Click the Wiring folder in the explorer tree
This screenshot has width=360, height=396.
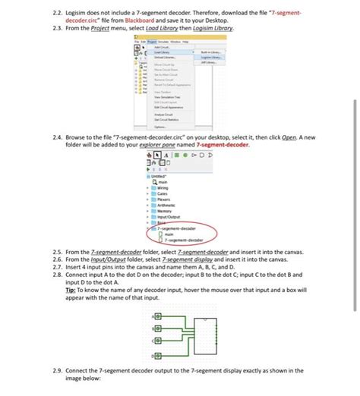pyautogui.click(x=166, y=188)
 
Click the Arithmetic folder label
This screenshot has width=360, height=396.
pyautogui.click(x=169, y=205)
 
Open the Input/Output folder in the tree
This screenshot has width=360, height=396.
pyautogui.click(x=171, y=216)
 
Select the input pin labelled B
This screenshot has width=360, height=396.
pyautogui.click(x=157, y=328)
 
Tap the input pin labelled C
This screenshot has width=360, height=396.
pyautogui.click(x=157, y=341)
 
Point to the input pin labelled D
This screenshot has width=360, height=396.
pyautogui.click(x=157, y=354)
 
